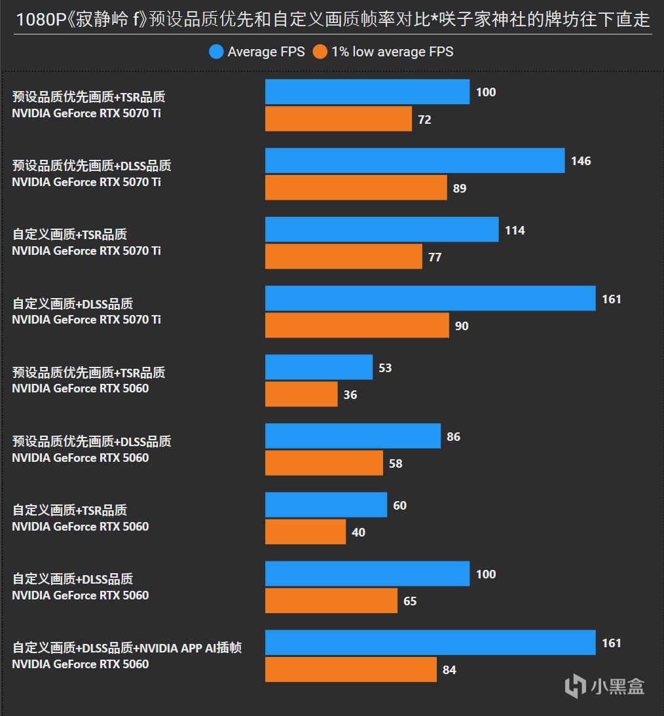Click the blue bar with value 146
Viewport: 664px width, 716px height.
tap(415, 160)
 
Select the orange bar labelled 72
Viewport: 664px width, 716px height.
tap(339, 119)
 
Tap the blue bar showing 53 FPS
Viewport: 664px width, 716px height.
tap(319, 367)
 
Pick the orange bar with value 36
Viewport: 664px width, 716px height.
tap(301, 394)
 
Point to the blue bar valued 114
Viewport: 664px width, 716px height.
tap(382, 230)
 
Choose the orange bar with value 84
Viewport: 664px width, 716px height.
tap(351, 669)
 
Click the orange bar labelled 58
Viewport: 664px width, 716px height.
tap(324, 463)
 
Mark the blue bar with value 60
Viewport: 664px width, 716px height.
tap(326, 505)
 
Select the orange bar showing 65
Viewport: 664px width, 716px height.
tap(331, 601)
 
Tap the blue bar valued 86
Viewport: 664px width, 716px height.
tap(353, 436)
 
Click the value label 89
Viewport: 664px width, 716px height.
tap(460, 189)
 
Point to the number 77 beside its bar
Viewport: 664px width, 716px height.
tap(435, 257)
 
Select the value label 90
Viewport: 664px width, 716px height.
tap(462, 326)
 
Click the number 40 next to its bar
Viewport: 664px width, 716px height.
tap(358, 533)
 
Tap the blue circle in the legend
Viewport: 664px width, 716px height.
tap(217, 52)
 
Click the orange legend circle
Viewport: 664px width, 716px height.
tap(320, 52)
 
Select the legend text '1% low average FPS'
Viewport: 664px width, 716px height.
tap(392, 52)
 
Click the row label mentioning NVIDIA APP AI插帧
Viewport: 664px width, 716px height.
tap(127, 648)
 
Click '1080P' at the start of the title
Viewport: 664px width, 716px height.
tap(39, 19)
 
